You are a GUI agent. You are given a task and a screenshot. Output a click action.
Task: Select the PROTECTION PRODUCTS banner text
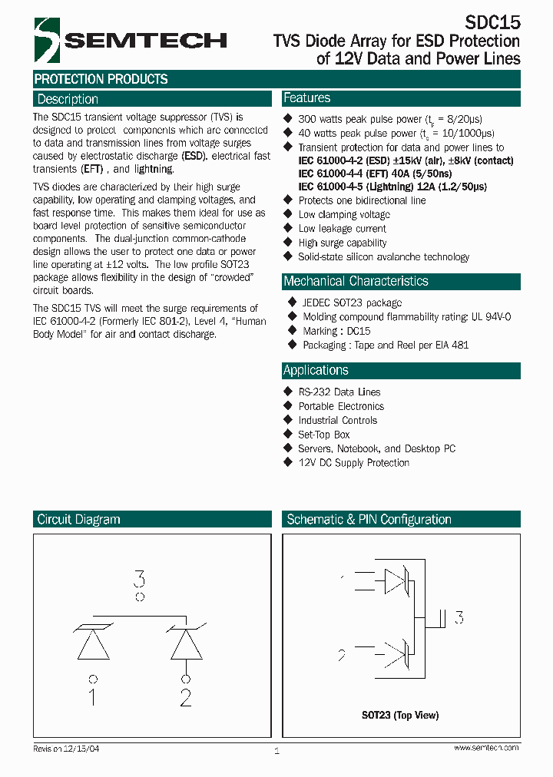click(101, 79)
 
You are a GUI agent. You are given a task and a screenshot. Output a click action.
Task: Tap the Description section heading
click(68, 99)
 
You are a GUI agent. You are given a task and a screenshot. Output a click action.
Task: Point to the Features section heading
click(306, 98)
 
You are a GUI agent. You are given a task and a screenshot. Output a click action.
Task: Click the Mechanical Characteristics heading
click(356, 281)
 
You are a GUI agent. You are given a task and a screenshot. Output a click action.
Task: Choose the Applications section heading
click(316, 370)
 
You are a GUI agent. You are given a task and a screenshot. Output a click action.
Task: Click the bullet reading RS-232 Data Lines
click(339, 392)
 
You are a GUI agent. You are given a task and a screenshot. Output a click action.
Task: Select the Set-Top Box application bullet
click(323, 435)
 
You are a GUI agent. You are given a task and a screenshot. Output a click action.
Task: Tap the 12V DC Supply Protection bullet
click(353, 462)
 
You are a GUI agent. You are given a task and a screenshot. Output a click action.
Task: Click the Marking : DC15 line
click(336, 331)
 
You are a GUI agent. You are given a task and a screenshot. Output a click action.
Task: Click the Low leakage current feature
click(342, 229)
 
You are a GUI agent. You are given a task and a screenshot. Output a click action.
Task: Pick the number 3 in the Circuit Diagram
click(139, 578)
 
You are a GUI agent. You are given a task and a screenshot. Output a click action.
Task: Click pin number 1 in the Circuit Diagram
click(92, 697)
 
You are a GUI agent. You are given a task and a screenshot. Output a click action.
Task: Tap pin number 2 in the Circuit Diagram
click(185, 697)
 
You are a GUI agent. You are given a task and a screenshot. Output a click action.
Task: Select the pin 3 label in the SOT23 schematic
click(459, 617)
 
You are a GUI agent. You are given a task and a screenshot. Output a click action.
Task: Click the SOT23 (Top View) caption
click(400, 715)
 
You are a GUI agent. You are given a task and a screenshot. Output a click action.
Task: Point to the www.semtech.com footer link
click(485, 748)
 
